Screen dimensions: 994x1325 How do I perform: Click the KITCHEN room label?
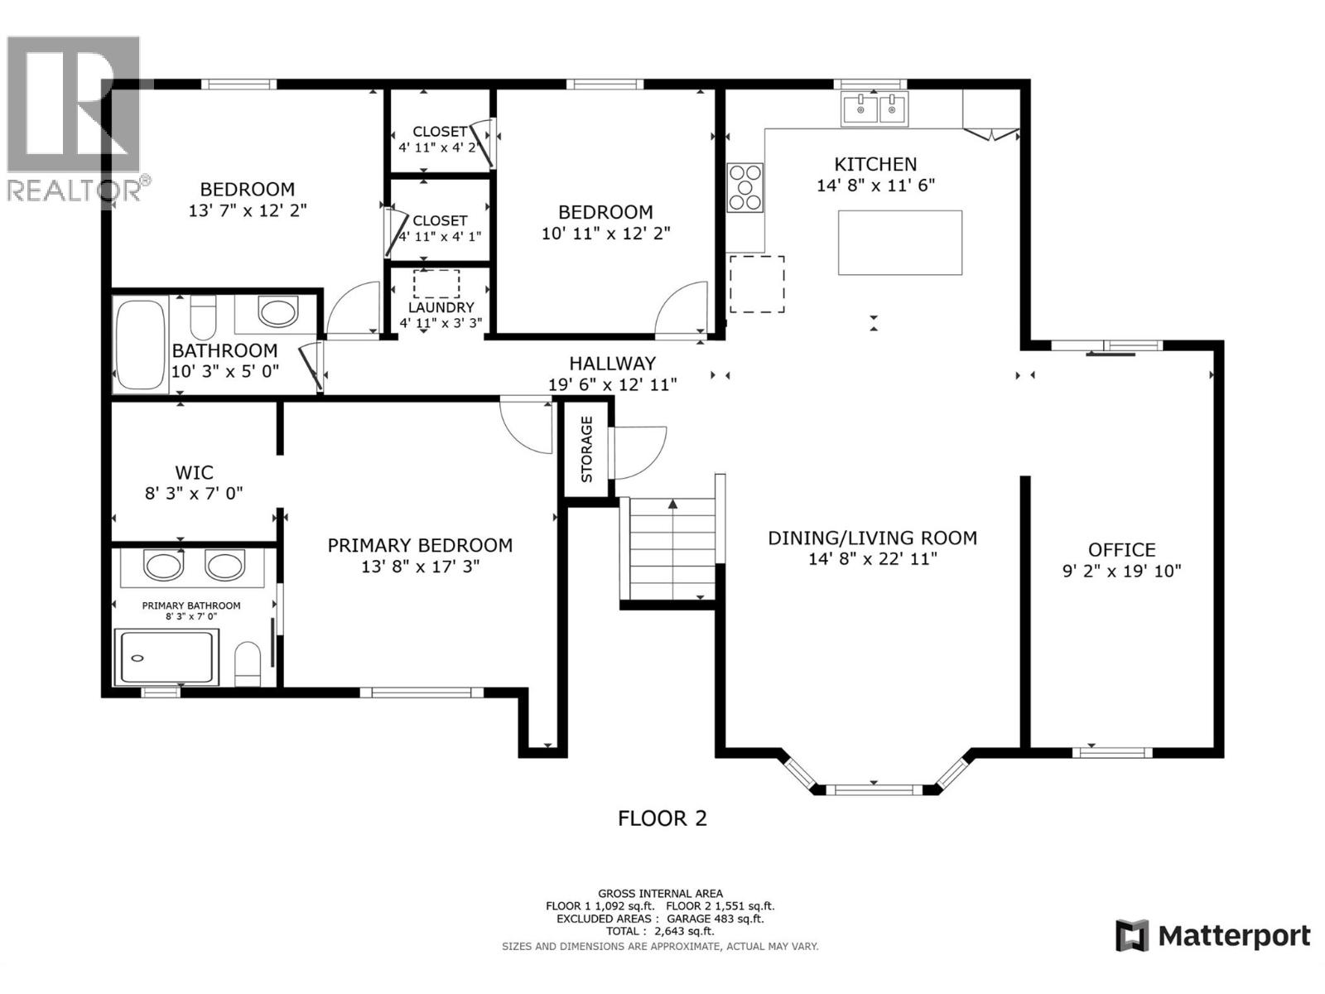click(875, 164)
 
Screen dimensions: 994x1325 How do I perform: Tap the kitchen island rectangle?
click(899, 243)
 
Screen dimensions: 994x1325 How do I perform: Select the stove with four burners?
click(744, 188)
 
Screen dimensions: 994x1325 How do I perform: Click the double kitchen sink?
click(874, 109)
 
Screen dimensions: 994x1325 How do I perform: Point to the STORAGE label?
click(587, 449)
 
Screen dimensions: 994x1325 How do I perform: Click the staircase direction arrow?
click(673, 504)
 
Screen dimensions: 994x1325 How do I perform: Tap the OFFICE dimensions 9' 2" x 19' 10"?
click(1121, 571)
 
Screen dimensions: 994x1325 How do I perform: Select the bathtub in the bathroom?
click(141, 344)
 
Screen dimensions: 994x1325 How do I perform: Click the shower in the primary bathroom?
click(166, 658)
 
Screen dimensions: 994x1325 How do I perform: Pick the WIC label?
click(194, 473)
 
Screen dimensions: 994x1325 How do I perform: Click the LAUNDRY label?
click(441, 307)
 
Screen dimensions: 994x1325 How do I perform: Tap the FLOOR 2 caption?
click(662, 818)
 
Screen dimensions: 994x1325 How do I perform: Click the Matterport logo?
click(1213, 936)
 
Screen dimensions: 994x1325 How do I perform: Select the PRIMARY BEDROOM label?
click(420, 546)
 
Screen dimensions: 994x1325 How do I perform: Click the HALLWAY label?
click(612, 363)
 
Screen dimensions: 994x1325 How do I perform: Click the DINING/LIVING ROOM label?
click(872, 538)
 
